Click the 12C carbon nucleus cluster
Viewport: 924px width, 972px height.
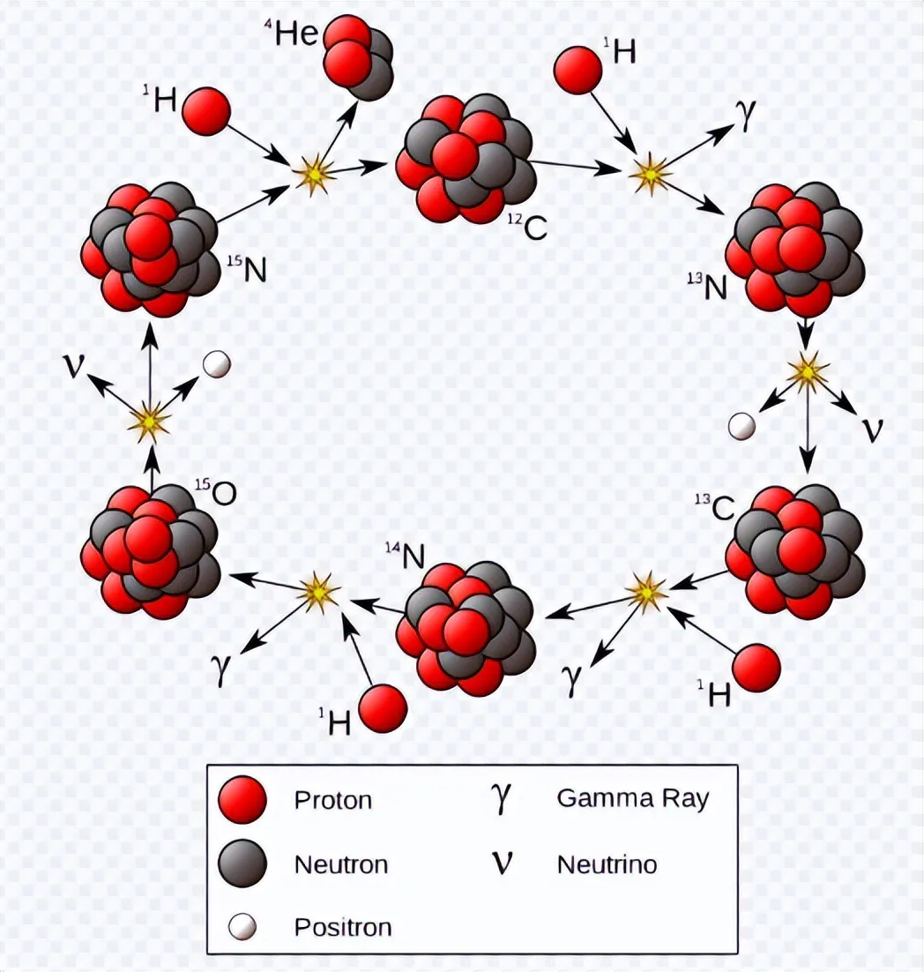pos(466,159)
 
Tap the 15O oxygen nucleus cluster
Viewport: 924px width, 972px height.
pos(150,551)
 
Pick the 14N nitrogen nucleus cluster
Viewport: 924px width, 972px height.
pos(465,626)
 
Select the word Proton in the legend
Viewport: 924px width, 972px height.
pos(332,800)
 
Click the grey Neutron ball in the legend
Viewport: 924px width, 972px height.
pos(242,862)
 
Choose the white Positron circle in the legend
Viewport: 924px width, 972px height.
pos(242,926)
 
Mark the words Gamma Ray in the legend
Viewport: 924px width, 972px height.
pos(632,798)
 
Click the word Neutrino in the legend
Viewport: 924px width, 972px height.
pos(607,864)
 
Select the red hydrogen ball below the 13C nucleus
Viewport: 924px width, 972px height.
pos(756,668)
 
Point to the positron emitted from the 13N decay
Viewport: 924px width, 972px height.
pos(742,427)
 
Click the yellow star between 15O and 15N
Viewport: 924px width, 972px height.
pos(149,422)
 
